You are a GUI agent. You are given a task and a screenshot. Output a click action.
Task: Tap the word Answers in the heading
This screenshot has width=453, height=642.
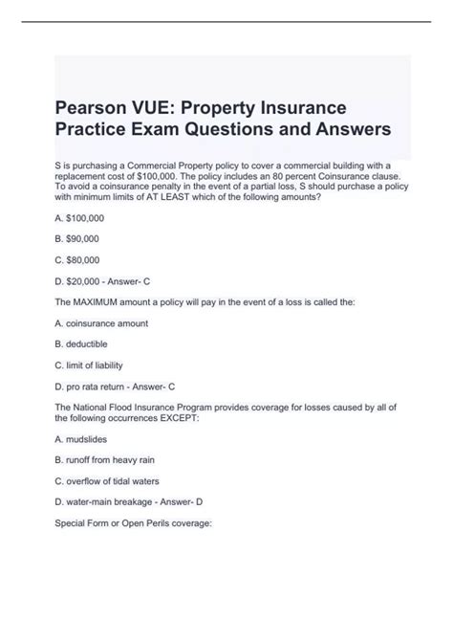pyautogui.click(x=335, y=126)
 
